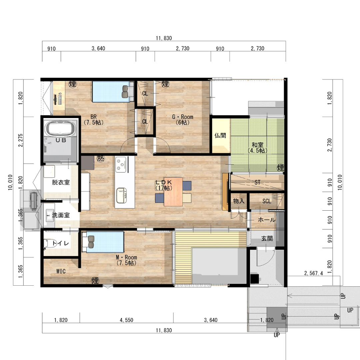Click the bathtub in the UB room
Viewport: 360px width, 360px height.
pyautogui.click(x=61, y=129)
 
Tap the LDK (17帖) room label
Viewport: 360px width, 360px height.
pyautogui.click(x=164, y=185)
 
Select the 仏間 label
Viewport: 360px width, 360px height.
pyautogui.click(x=220, y=135)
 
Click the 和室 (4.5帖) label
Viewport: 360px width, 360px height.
pyautogui.click(x=257, y=148)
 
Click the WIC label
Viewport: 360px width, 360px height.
pyautogui.click(x=61, y=271)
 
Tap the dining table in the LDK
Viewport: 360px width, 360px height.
pyautogui.click(x=173, y=192)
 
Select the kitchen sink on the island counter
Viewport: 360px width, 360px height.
pyautogui.click(x=121, y=195)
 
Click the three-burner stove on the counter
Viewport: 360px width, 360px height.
pyautogui.click(x=121, y=164)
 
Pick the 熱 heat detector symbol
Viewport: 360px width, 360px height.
pyautogui.click(x=100, y=158)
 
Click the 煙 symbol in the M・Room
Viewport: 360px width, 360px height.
pyautogui.click(x=95, y=280)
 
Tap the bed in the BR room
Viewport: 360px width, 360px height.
pyautogui.click(x=113, y=92)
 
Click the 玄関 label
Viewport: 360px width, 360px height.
pyautogui.click(x=267, y=239)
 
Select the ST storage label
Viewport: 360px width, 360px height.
pyautogui.click(x=257, y=182)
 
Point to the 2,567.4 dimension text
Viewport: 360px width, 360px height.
pyautogui.click(x=313, y=273)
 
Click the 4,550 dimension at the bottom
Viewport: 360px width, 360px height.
pyautogui.click(x=126, y=320)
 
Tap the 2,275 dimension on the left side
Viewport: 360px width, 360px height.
pyautogui.click(x=21, y=140)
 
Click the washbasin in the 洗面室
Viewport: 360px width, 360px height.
pyautogui.click(x=50, y=215)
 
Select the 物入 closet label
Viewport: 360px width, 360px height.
pyautogui.click(x=239, y=201)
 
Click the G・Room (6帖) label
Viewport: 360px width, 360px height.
pyautogui.click(x=183, y=120)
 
